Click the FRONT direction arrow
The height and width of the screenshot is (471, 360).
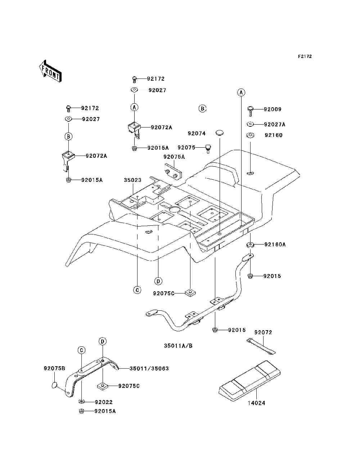click(50, 71)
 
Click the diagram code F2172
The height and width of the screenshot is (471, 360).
click(305, 57)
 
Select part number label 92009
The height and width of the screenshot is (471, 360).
click(273, 109)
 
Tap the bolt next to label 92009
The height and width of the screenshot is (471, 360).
click(250, 111)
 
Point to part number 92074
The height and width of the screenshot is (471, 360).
click(197, 134)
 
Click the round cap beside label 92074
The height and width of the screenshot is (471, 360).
click(219, 132)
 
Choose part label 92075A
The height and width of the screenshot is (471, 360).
click(174, 157)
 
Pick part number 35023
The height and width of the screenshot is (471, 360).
click(132, 180)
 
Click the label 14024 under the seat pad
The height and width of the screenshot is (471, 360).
click(256, 403)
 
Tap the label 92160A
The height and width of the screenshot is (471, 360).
click(275, 245)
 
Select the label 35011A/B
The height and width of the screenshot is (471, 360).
click(178, 346)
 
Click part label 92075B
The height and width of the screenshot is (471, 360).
click(54, 368)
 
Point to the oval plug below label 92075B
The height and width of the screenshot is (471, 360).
click(54, 385)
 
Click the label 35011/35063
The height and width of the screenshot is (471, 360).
click(149, 368)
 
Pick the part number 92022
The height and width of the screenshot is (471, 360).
click(104, 402)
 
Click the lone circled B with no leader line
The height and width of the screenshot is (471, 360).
click(202, 109)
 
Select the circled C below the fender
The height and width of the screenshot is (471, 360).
click(137, 290)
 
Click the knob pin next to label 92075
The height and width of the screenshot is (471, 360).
click(208, 149)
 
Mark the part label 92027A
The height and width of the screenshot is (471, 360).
click(275, 125)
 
